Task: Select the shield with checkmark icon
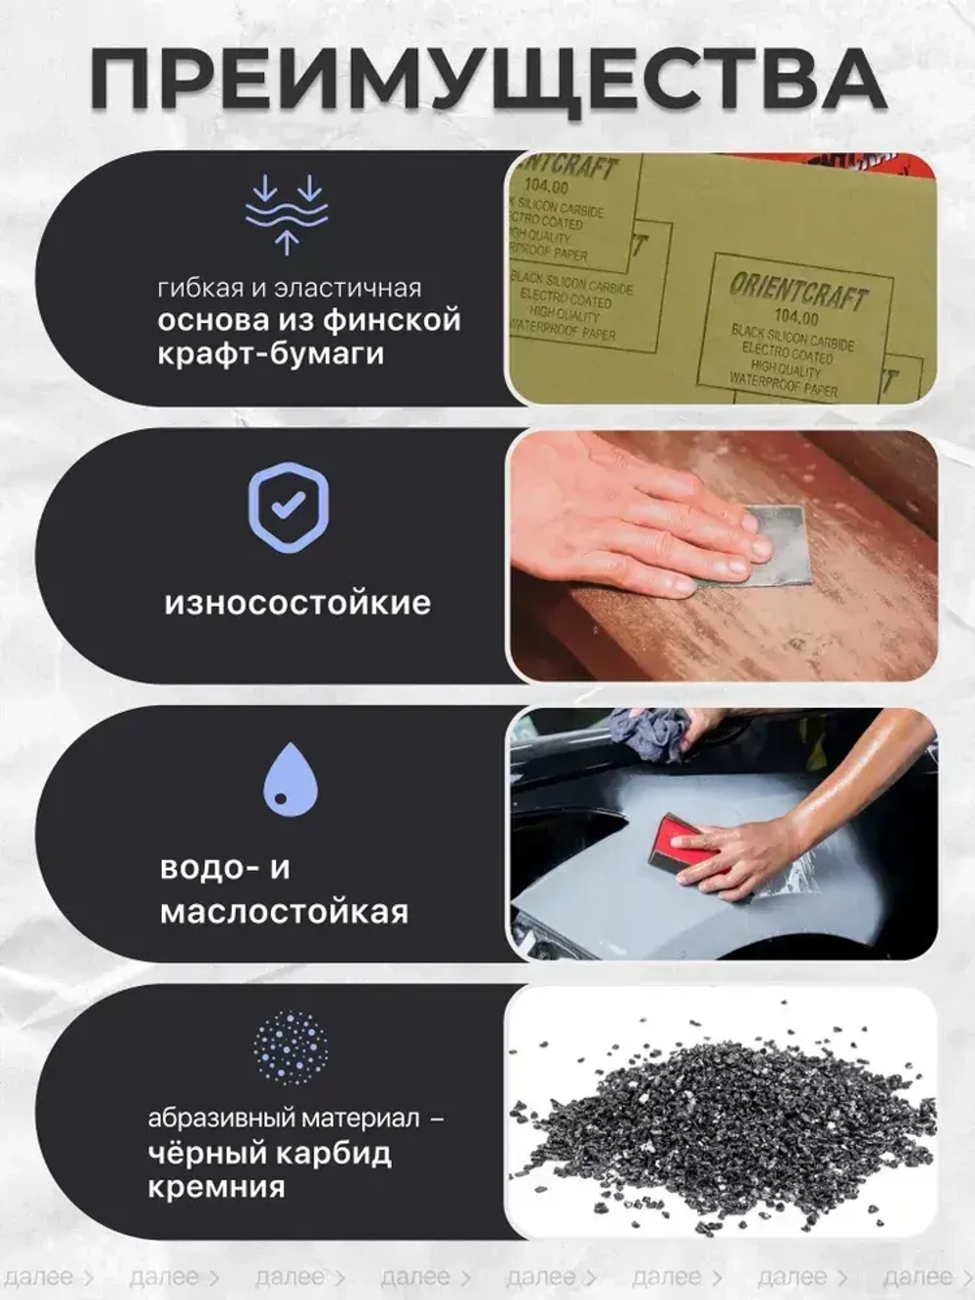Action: (289, 507)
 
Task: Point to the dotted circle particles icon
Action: (290, 1047)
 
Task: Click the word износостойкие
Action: (297, 603)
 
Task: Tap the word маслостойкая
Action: (284, 912)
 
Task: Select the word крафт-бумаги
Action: (271, 353)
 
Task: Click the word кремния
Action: (216, 1187)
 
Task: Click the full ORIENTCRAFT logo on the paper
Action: (799, 292)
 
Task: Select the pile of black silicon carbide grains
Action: (721, 1122)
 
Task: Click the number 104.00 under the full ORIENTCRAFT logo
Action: (796, 316)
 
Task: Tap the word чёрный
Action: (205, 1153)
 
